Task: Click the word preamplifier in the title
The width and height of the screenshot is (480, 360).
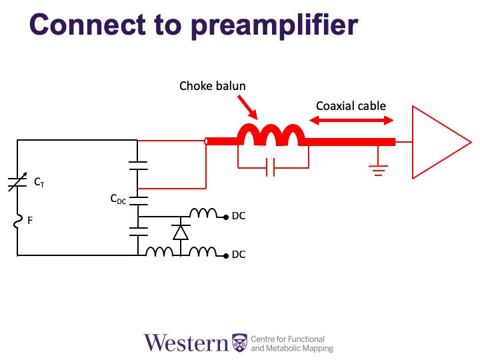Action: [274, 26]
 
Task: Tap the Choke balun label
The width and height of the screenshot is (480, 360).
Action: [213, 86]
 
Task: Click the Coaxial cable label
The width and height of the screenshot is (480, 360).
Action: [351, 106]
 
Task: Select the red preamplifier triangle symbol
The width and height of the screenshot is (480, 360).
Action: [441, 142]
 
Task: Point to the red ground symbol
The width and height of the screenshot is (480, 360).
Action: [379, 171]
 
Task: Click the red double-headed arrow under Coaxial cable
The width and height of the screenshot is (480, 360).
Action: [351, 120]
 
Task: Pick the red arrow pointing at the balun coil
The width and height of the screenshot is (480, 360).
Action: [247, 107]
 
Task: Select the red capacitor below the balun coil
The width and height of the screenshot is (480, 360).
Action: [270, 167]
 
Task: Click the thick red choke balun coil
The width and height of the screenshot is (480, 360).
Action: [271, 135]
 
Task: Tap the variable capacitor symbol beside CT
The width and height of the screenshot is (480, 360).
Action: [17, 182]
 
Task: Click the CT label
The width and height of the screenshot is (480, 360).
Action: [39, 182]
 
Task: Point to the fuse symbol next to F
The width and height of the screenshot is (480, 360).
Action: [18, 221]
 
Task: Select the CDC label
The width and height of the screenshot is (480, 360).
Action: [118, 199]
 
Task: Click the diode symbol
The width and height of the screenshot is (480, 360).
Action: [181, 233]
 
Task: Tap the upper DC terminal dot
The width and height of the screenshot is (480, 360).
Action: [226, 217]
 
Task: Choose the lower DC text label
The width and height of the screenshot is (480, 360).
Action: [239, 255]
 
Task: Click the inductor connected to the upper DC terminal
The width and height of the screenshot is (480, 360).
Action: [203, 213]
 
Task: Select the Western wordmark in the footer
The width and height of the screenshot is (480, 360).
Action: [187, 343]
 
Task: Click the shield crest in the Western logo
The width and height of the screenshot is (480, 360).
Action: [239, 343]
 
